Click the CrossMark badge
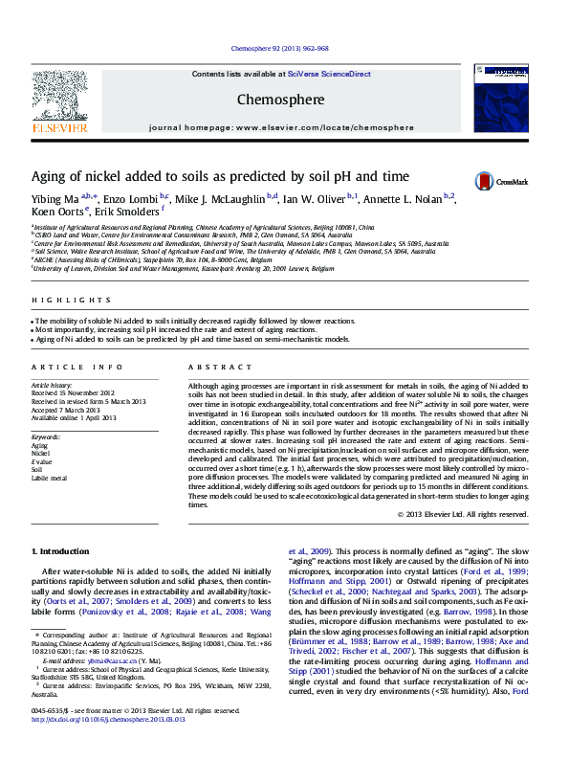pyautogui.click(x=497, y=180)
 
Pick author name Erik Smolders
pyautogui.click(x=130, y=212)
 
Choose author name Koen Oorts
pyautogui.click(x=57, y=212)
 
